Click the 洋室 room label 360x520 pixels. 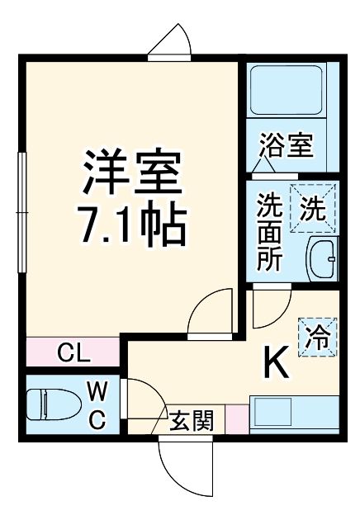tap(130, 172)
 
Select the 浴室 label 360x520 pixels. tap(286, 146)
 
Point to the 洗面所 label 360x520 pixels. tap(269, 234)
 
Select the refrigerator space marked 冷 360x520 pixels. tap(316, 336)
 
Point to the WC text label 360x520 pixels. tap(97, 404)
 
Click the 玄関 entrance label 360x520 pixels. tap(192, 421)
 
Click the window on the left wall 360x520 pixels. tap(22, 213)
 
